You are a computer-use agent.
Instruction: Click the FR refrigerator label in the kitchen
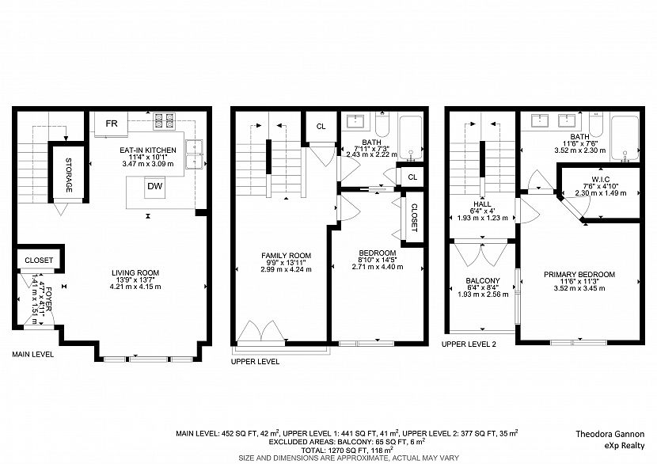(x=112, y=124)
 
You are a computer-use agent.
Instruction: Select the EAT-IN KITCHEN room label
(x=147, y=149)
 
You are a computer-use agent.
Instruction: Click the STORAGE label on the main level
(x=69, y=175)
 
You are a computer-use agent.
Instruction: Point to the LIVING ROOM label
(x=135, y=272)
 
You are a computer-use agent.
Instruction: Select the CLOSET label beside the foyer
(x=39, y=260)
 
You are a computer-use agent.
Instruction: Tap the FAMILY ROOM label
(x=287, y=255)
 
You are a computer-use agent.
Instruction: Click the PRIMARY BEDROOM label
(x=579, y=275)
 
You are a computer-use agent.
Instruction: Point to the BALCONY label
(x=483, y=281)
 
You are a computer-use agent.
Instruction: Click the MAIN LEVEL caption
(x=32, y=355)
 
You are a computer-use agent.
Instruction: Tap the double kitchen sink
(x=195, y=154)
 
